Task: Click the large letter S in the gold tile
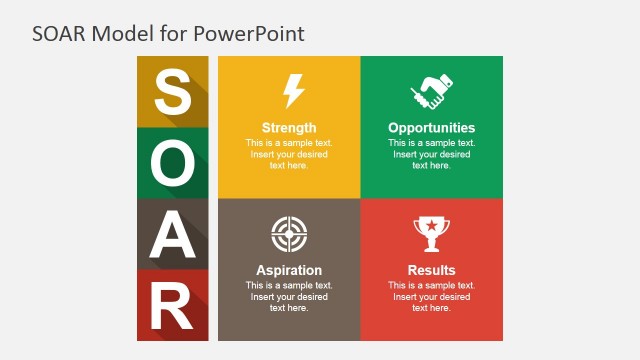click(x=172, y=92)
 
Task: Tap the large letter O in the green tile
click(x=172, y=163)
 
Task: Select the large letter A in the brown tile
click(x=172, y=235)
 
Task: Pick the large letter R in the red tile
click(x=172, y=307)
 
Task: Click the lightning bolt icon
click(x=292, y=91)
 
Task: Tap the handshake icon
click(x=431, y=93)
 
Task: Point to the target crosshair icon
click(x=288, y=234)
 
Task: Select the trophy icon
click(x=431, y=235)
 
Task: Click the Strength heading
click(x=289, y=128)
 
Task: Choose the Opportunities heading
click(x=431, y=128)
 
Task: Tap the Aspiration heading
click(x=289, y=270)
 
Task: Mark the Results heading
click(x=431, y=270)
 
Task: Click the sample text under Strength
click(x=289, y=154)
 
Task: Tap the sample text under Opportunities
click(x=431, y=154)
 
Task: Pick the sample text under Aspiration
click(x=289, y=296)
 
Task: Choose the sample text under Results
click(x=431, y=296)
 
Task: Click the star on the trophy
click(x=431, y=229)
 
